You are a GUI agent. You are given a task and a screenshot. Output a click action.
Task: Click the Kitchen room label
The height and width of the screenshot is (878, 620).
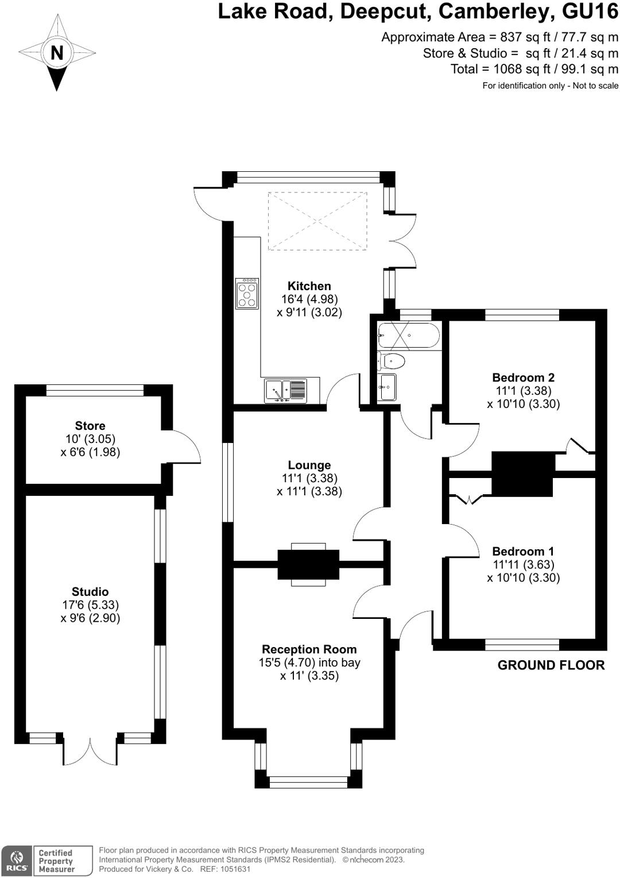(309, 286)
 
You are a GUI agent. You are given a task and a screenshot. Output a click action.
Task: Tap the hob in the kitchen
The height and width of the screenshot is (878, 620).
(247, 294)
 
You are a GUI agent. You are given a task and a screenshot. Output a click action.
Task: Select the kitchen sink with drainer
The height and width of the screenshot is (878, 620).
(286, 391)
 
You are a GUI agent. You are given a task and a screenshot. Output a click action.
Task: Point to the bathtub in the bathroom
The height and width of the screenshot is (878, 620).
(408, 336)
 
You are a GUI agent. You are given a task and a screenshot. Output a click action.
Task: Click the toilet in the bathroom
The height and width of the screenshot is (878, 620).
(392, 361)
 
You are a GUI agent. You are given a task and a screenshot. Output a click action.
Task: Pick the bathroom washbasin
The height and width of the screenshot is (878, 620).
(386, 387)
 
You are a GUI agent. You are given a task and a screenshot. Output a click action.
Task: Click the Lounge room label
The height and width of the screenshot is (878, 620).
(309, 465)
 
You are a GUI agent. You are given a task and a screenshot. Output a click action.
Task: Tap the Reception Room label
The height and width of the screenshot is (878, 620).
(309, 649)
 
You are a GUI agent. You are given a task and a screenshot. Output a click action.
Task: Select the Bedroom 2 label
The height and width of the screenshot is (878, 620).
(523, 378)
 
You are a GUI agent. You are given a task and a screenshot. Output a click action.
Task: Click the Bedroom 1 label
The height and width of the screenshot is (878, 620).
(523, 552)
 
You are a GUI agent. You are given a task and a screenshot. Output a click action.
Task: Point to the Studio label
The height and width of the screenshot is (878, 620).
(90, 592)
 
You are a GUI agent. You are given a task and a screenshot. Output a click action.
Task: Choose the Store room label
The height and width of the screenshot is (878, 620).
(90, 426)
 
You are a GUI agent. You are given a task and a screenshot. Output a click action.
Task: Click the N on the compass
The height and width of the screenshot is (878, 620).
(57, 53)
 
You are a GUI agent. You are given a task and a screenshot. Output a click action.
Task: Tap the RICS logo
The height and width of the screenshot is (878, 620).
(17, 861)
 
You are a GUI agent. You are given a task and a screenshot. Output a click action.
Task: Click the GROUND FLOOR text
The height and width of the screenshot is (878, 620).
(551, 665)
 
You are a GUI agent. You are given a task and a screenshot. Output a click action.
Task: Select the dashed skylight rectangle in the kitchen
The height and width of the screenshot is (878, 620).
(317, 221)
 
